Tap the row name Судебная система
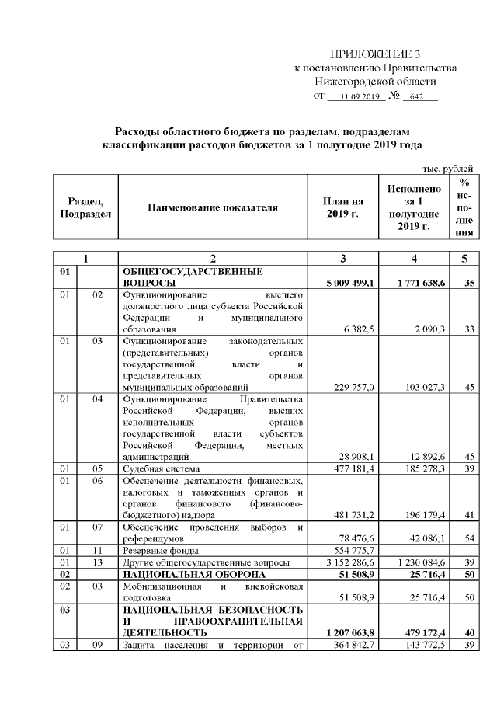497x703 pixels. point(162,469)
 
